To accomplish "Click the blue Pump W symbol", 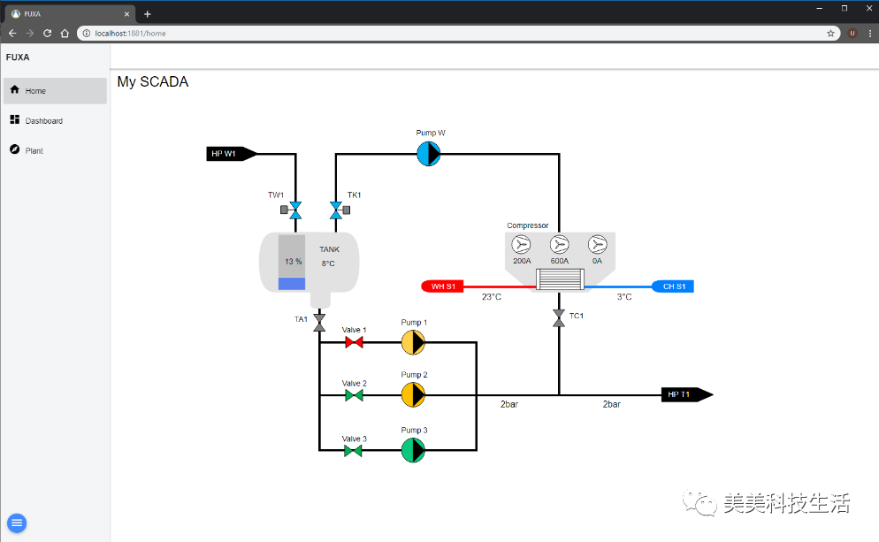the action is pos(429,154).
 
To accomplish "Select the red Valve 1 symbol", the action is pos(354,342).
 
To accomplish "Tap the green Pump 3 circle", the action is pos(413,450).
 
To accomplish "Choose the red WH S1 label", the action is pos(442,286).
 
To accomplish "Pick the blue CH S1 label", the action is pos(673,286).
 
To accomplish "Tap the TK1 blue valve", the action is pos(340,210).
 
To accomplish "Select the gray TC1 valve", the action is pos(559,317).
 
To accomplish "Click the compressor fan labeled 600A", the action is pos(560,244).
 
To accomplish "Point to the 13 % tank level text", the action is pos(294,261).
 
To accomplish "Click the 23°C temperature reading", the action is pos(492,296).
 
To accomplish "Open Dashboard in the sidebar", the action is pos(43,120).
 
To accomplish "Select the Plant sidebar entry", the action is pos(34,150).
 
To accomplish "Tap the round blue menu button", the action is pos(17,523).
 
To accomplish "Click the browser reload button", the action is pos(47,33).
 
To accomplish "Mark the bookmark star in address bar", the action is pos(830,33).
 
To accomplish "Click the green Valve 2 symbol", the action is pos(354,395).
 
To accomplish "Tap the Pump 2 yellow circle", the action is pos(413,394).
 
